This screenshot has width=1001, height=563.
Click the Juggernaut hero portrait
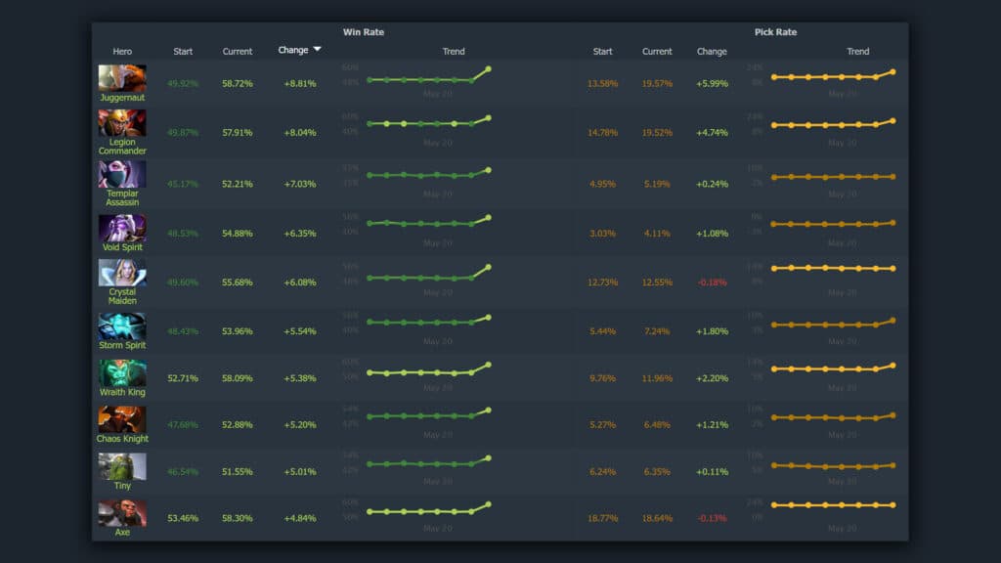click(122, 78)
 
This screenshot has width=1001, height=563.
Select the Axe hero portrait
click(122, 512)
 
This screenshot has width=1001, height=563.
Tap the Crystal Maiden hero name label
click(122, 296)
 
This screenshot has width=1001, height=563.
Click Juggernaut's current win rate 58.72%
click(238, 84)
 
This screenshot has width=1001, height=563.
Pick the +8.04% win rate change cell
click(300, 133)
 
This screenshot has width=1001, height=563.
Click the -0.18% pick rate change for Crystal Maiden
click(712, 283)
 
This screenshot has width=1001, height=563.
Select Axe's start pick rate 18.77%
click(603, 519)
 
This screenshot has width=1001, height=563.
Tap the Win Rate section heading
click(364, 32)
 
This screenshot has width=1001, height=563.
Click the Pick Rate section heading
click(775, 32)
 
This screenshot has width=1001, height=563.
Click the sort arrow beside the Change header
click(317, 50)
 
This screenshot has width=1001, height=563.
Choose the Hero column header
click(122, 52)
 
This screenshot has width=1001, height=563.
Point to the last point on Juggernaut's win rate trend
click(488, 69)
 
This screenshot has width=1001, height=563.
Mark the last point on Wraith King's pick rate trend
click(892, 365)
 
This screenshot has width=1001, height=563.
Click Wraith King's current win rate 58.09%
click(238, 378)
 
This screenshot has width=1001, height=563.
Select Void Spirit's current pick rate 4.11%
click(657, 235)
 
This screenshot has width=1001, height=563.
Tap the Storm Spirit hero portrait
click(122, 326)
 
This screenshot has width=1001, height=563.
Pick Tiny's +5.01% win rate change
click(300, 472)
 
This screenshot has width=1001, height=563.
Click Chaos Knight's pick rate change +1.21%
click(712, 425)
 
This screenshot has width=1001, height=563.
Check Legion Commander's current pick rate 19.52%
click(657, 133)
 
